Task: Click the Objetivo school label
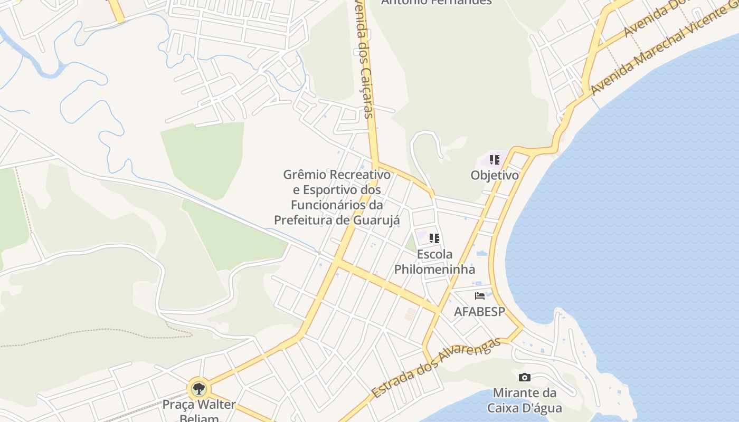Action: tap(495, 175)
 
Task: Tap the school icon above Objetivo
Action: tap(494, 159)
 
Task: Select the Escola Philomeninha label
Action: tap(434, 262)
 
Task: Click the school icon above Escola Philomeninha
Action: tap(434, 238)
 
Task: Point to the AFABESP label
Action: tap(479, 311)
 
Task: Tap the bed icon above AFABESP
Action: tap(479, 296)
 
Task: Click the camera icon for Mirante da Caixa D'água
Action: tap(524, 377)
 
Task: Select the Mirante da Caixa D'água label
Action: tap(524, 400)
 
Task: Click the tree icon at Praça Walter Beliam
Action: tap(198, 390)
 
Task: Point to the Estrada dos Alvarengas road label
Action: tap(435, 368)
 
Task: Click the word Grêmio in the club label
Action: tap(305, 175)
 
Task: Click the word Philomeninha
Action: tap(434, 270)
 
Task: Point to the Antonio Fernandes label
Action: tap(436, 2)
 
